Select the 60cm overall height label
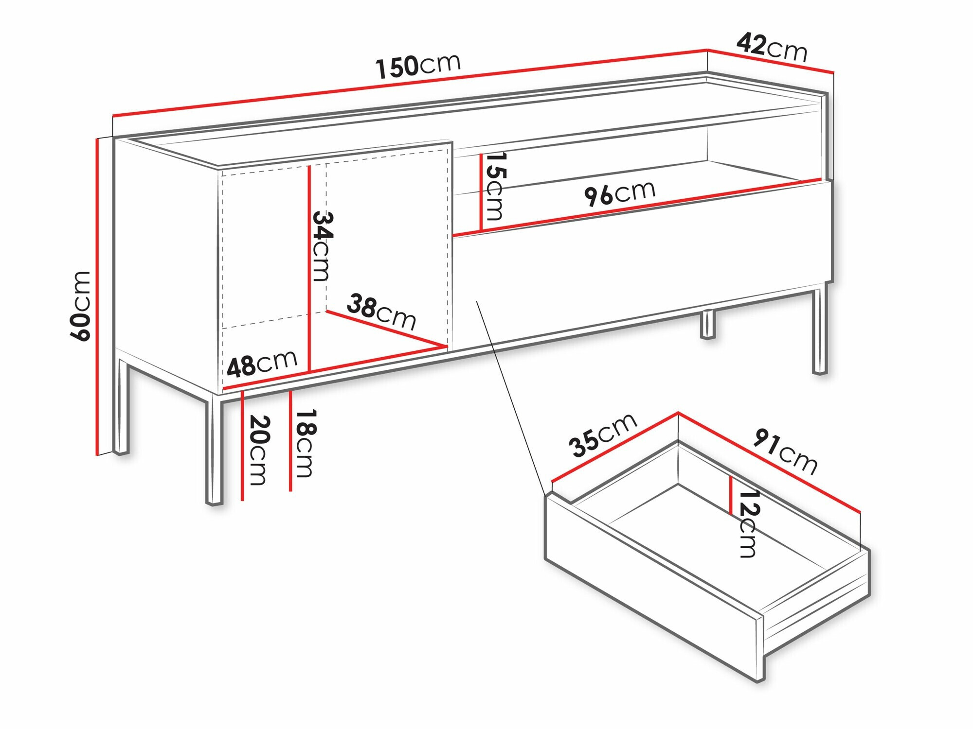point(80,306)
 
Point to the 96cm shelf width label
point(619,193)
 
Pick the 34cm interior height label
point(322,245)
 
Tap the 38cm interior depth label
point(381,312)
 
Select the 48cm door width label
point(262,363)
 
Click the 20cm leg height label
point(258,450)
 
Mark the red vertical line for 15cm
point(481,192)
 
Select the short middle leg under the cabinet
point(707,324)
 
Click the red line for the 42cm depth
point(771,61)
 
